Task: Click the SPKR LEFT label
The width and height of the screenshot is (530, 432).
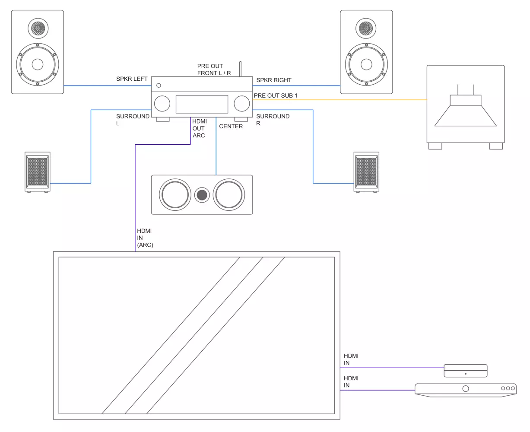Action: tap(132, 79)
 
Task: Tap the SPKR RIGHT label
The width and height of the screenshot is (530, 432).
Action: tap(273, 80)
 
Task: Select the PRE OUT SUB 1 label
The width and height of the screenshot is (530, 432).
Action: tap(276, 95)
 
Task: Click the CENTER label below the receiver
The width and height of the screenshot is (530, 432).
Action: tap(231, 126)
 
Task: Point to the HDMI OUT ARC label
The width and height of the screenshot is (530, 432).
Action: tap(199, 128)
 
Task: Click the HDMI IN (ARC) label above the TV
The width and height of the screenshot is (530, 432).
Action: tap(145, 238)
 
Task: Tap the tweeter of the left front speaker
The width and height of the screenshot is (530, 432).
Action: tap(38, 29)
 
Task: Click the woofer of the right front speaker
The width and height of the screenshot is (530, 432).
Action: tap(366, 64)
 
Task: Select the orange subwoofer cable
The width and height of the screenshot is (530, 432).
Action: tap(346, 100)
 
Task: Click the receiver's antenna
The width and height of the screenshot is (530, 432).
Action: tap(241, 69)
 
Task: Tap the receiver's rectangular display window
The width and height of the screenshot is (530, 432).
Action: tap(202, 104)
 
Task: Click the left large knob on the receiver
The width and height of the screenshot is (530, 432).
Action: tap(162, 104)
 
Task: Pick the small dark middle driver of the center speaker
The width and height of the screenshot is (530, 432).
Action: tap(202, 195)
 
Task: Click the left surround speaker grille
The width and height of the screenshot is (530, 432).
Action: tap(38, 172)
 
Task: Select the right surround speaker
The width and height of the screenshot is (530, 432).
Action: tap(366, 172)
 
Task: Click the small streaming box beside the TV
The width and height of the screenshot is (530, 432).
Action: tap(466, 371)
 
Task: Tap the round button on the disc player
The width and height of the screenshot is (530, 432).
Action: tap(465, 388)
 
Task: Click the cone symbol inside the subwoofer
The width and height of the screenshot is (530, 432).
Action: tap(465, 114)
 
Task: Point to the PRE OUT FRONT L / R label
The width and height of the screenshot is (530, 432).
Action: tap(214, 70)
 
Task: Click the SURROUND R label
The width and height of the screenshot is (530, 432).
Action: tap(273, 120)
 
